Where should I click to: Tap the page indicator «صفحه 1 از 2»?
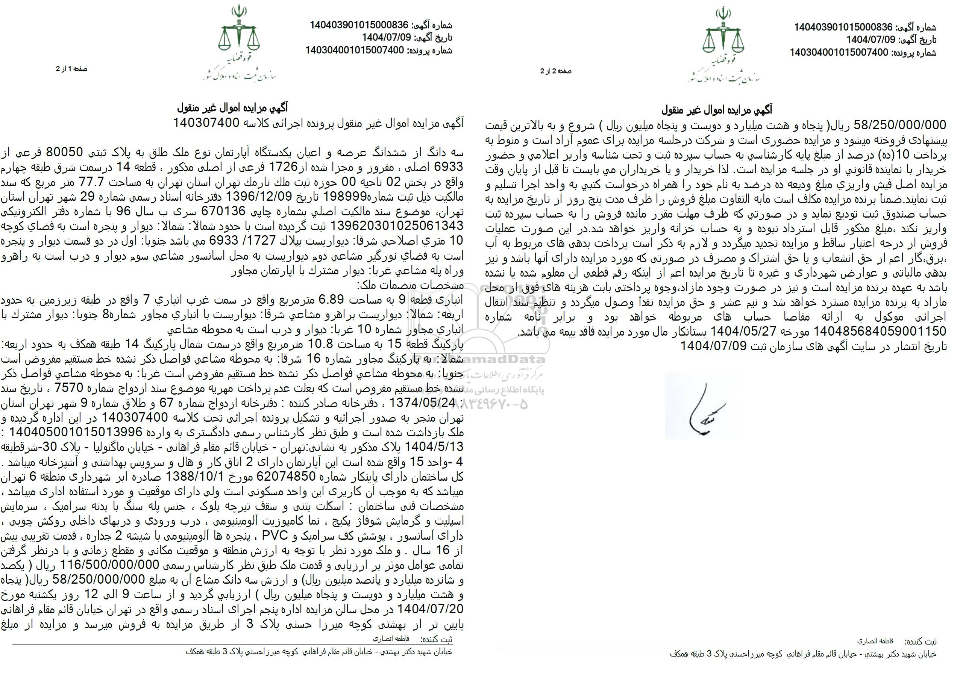(71, 69)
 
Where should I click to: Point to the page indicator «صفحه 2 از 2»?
(556, 71)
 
